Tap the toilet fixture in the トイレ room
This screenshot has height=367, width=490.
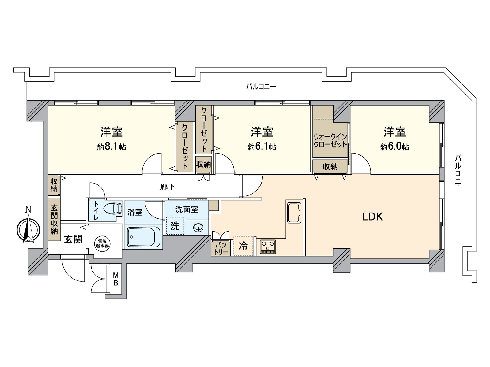112,208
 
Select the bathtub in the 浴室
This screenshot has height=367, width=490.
144,237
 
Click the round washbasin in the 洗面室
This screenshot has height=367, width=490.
198,228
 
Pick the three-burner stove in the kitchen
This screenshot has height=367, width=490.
268,247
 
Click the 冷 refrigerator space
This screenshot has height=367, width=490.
243,246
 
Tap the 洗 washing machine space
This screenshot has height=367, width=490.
175,226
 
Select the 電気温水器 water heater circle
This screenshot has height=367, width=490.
102,243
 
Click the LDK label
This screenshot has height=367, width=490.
372,217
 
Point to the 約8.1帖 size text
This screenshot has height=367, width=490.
111,147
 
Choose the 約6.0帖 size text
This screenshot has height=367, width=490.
395,147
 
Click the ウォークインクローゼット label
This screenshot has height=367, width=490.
330,140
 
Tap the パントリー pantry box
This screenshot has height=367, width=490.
221,248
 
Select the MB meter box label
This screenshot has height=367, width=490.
116,279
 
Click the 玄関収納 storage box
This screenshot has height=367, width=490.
54,219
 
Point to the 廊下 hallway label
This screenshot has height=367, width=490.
168,187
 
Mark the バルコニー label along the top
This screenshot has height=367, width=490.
261,87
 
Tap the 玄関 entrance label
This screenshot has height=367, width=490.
73,239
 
